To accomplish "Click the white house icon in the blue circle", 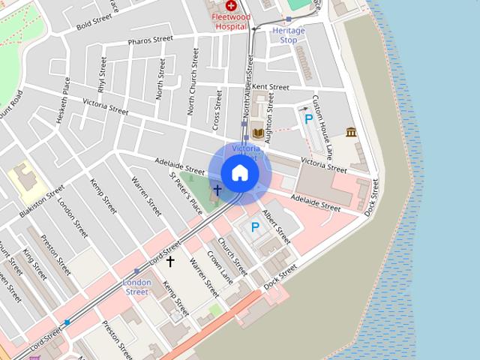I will [240, 172].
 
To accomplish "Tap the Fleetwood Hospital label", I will [231, 21].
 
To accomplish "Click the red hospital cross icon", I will [231, 5].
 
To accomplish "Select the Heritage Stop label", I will [289, 34].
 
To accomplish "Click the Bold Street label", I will [94, 25].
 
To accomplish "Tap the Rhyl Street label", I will [101, 76].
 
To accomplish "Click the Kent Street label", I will [271, 88].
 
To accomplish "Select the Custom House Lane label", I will [322, 127].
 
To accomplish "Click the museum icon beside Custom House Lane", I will [351, 133].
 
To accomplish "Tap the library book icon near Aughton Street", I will [258, 134].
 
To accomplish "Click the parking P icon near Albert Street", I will [255, 226].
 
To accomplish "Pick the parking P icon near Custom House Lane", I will [308, 118].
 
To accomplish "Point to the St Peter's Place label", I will [185, 192].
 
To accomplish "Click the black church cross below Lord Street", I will [170, 261].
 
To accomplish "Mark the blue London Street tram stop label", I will [136, 286].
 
